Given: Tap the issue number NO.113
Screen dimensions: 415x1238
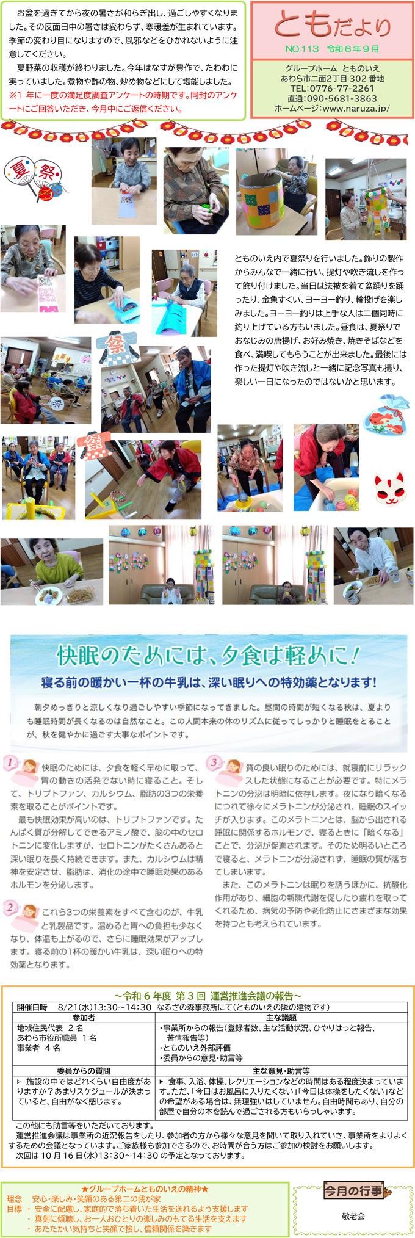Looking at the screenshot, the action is point(301,49).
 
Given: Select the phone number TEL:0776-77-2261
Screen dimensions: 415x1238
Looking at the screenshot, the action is point(333,89).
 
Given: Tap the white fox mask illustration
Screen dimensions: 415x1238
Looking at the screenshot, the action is point(389,487).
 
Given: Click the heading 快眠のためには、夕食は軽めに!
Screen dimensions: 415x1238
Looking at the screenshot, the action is point(208,655).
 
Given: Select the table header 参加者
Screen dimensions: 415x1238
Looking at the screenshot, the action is point(84,1018).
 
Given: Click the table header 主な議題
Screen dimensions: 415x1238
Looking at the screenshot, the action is point(281,1018).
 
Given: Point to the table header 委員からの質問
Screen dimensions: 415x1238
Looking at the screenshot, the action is point(84,1071).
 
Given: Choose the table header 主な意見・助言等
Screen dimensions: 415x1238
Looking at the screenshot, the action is point(281,1071).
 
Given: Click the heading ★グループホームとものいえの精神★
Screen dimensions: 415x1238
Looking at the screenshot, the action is point(145,1189).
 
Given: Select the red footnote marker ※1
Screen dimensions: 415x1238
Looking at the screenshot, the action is point(15,95).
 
